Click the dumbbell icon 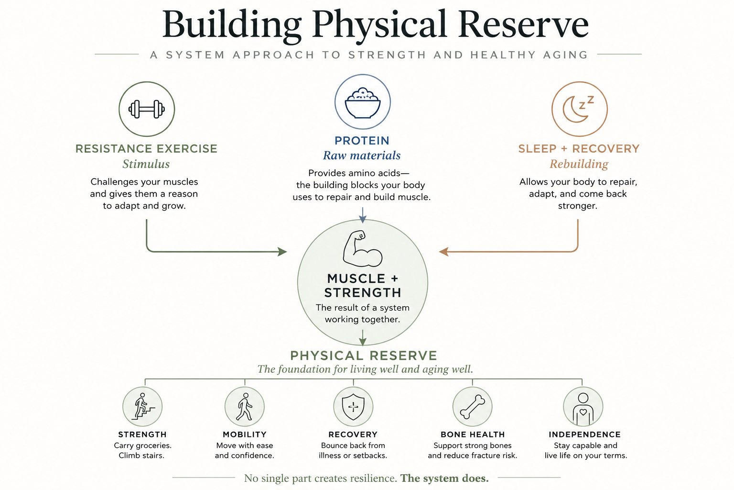click(x=147, y=109)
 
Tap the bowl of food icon click(x=362, y=102)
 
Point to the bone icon click(x=472, y=407)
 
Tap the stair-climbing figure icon click(x=143, y=406)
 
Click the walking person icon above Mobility click(x=245, y=407)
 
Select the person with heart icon click(x=583, y=409)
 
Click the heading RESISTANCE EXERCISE click(x=146, y=149)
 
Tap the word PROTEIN click(x=362, y=141)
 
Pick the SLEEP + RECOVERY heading click(x=579, y=149)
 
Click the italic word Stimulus click(x=146, y=164)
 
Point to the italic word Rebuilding click(x=579, y=164)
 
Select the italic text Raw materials click(x=362, y=155)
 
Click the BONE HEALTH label click(x=473, y=434)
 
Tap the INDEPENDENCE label click(x=584, y=434)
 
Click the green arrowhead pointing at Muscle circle click(x=282, y=252)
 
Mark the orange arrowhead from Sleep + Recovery click(x=443, y=252)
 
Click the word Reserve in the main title click(x=523, y=24)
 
